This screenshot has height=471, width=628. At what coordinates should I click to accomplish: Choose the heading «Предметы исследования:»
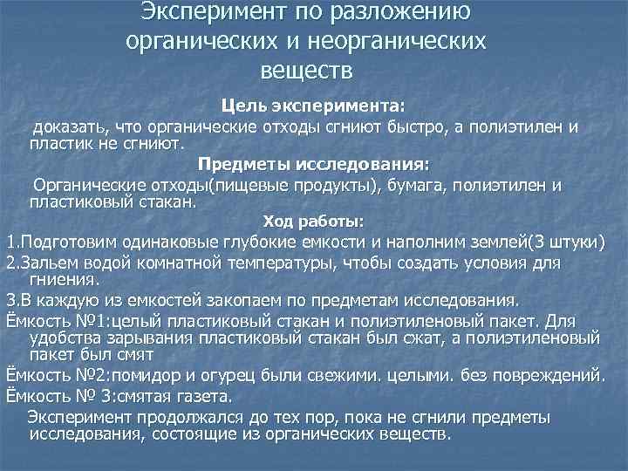[314, 163]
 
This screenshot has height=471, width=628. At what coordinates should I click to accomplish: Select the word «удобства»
[64, 338]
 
